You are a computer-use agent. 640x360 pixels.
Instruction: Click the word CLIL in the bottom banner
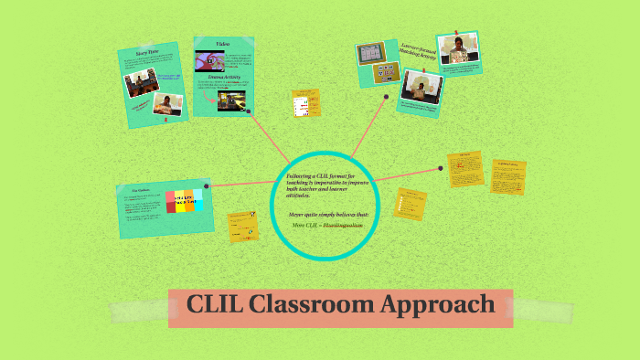pos(214,306)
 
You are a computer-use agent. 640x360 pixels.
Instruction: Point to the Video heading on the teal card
pos(222,44)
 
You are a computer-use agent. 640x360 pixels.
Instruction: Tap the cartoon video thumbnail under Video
pos(210,60)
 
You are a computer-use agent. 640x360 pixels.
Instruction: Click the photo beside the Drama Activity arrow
pos(231,100)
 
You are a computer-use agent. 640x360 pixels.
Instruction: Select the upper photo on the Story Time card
pos(138,82)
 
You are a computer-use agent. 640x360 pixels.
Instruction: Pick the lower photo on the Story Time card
pos(167,104)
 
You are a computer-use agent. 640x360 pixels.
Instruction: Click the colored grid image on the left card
pos(186,202)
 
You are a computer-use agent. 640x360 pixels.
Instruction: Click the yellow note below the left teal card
pos(242,227)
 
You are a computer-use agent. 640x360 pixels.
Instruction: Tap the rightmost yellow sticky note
pos(507,176)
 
